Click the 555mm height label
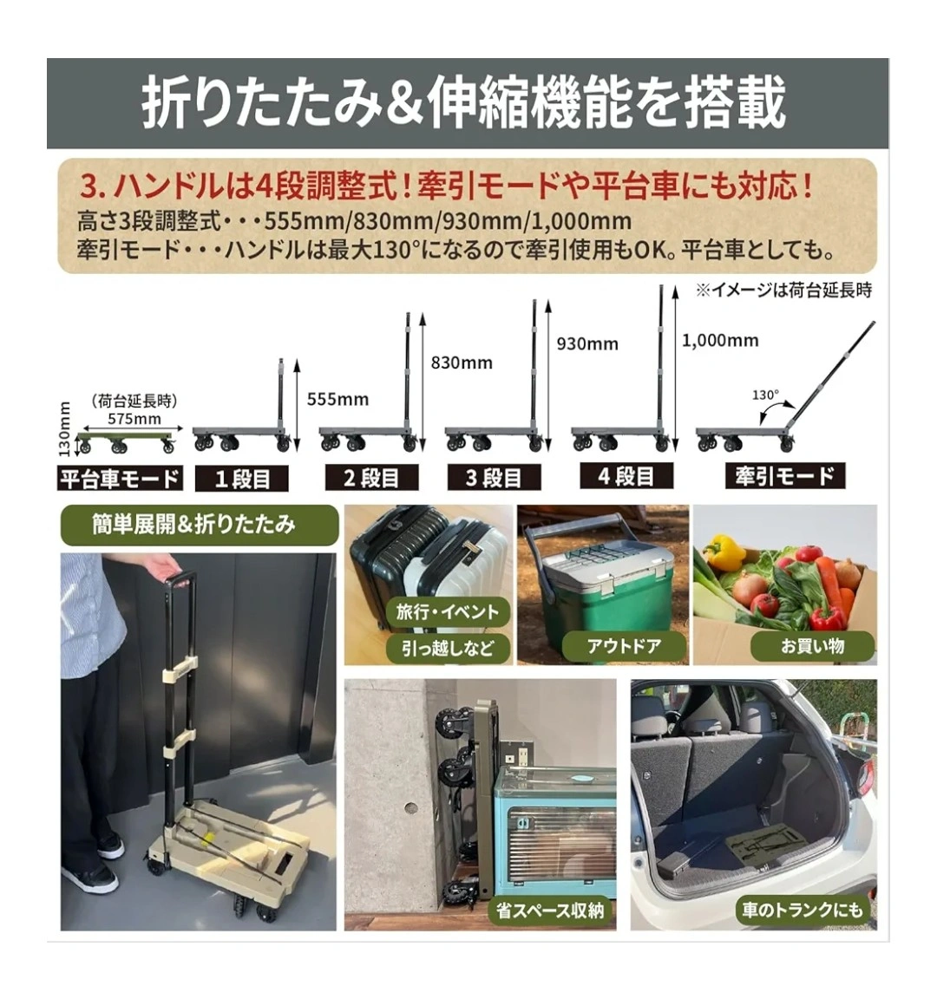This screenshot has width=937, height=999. coord(337,400)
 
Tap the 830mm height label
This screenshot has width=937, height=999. coord(462,363)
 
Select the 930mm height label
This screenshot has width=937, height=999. coord(587,344)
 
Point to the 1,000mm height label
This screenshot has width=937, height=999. coord(720,340)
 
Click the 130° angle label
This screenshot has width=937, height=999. coord(765,395)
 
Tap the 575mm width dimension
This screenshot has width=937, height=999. coord(134,419)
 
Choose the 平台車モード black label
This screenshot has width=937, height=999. coord(120,478)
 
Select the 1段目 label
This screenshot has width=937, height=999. coord(241,479)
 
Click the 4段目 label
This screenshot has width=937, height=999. coord(626,476)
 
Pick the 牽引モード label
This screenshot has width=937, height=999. coord(784,476)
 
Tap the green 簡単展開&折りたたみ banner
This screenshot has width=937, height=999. coord(199,525)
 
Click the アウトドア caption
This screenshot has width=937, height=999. coord(625,646)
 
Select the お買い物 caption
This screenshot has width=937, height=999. coord(813,646)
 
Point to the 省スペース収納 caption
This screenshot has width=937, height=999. coord(550,911)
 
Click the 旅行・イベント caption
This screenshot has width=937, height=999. coord(448,612)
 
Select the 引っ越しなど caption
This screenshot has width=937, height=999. coord(448,648)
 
